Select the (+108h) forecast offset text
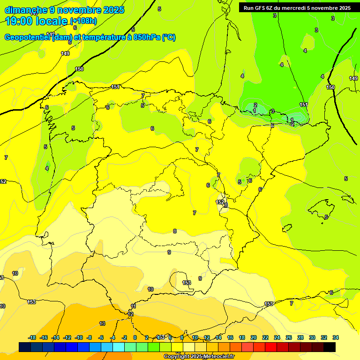(83, 21)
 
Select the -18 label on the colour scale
(32, 337)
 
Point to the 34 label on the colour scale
(335, 337)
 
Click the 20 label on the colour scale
(254, 337)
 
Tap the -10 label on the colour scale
(79, 337)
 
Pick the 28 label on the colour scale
(300, 337)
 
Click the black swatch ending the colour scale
(330, 347)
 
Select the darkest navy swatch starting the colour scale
(25, 347)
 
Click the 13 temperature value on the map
(102, 323)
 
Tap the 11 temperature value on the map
(134, 306)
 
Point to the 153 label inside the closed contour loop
(187, 283)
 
